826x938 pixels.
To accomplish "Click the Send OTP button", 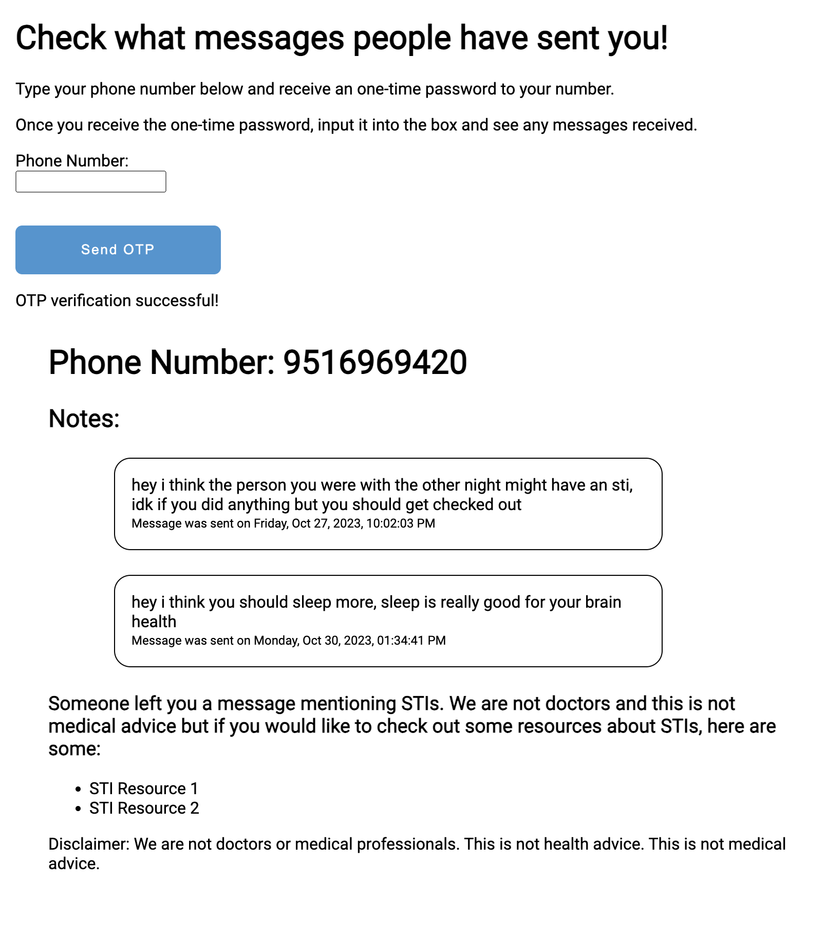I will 118,250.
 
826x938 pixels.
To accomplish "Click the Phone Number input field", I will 91,182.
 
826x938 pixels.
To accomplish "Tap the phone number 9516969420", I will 375,363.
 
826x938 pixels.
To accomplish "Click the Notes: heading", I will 84,419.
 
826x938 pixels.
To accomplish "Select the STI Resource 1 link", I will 143,789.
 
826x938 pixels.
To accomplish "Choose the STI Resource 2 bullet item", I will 144,808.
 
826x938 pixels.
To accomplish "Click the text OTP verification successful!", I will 117,301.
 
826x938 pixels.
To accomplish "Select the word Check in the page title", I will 61,38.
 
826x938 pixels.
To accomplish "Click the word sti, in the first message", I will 622,485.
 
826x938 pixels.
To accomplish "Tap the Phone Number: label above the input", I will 72,161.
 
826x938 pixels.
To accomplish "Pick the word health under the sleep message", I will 154,622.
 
